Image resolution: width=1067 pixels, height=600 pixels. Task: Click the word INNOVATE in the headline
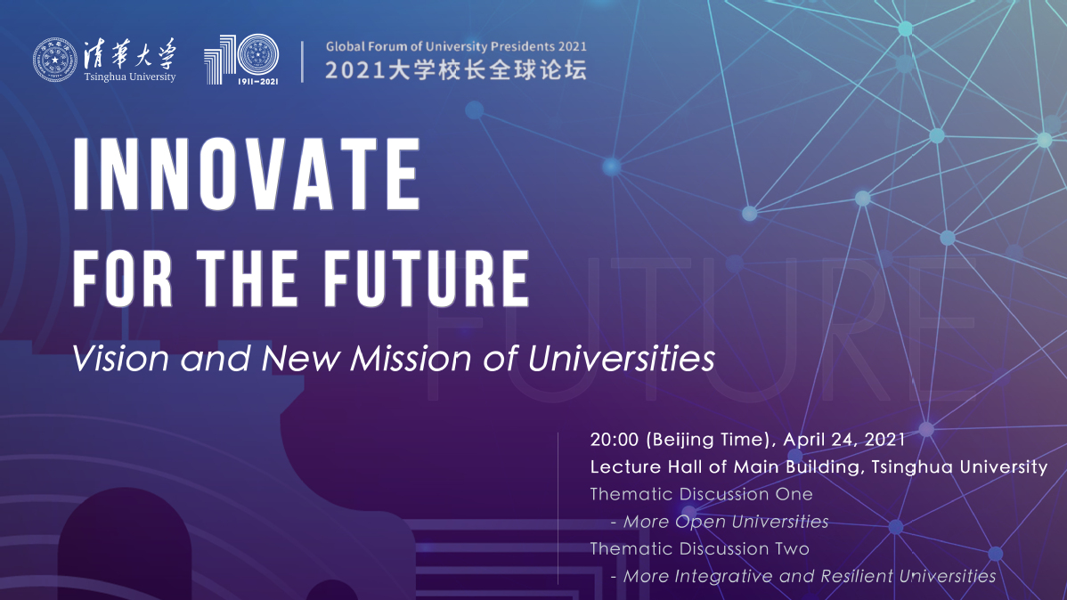247,174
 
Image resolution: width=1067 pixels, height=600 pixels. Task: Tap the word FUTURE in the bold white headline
426,279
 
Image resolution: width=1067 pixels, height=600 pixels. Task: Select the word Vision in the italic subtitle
120,359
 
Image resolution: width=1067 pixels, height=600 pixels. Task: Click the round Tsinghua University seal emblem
55,60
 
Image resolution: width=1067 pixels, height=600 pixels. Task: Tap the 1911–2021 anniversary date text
257,82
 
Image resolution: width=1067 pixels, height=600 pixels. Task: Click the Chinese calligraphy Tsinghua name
130,53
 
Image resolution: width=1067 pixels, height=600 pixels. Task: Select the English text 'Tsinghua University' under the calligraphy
130,77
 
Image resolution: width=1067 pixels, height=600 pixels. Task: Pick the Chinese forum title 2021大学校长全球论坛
455,70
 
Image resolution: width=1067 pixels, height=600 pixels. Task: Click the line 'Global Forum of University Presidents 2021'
456,47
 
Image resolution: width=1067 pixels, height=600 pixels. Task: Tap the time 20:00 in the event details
615,440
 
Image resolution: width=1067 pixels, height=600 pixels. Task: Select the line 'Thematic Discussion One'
701,494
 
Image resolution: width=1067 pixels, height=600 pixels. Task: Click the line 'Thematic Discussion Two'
699,548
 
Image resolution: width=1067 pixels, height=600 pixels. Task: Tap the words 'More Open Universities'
725,522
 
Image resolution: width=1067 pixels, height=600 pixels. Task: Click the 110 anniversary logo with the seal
241,59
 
